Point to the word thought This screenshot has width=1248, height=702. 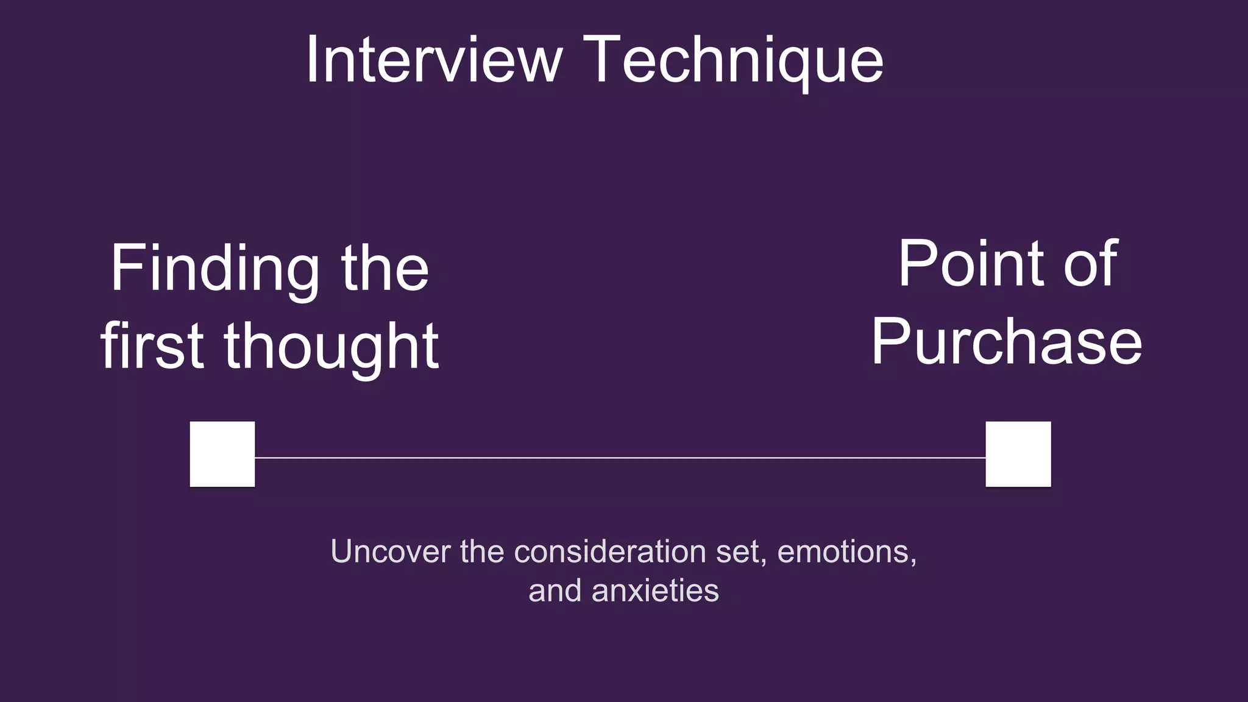point(331,347)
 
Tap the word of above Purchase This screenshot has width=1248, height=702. point(1091,264)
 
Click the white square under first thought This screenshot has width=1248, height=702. point(222,454)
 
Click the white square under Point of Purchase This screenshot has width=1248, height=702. point(1018,454)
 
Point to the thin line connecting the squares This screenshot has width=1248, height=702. point(620,457)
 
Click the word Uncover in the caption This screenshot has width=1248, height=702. point(390,551)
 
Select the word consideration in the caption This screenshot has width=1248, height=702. point(610,551)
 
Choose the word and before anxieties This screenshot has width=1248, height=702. point(555,590)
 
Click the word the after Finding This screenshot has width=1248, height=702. point(385,269)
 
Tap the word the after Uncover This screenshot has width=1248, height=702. point(482,551)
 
